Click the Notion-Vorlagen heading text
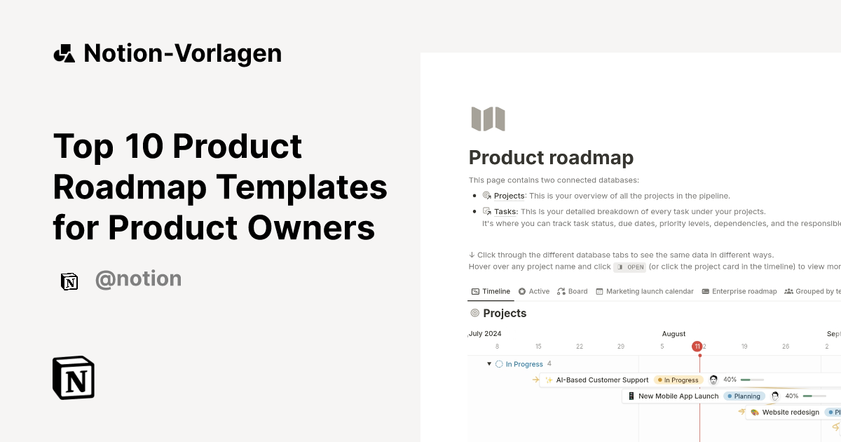(x=182, y=53)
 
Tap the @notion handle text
(x=138, y=279)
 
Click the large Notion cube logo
(x=74, y=377)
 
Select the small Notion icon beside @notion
(x=69, y=281)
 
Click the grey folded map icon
(x=488, y=119)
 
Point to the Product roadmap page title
(x=551, y=158)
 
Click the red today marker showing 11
(x=697, y=346)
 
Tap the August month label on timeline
(x=674, y=334)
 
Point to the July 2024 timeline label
(x=485, y=334)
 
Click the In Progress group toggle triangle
(x=489, y=364)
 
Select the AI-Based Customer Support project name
(x=602, y=380)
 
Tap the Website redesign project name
(x=791, y=413)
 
